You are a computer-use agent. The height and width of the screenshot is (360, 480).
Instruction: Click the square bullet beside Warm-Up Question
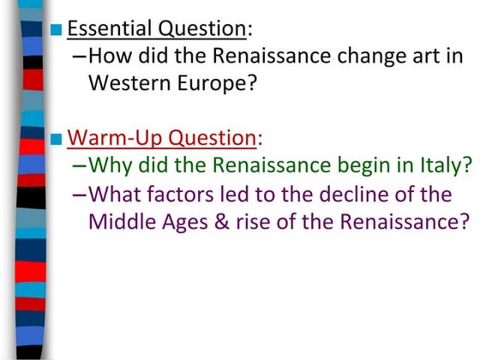57,138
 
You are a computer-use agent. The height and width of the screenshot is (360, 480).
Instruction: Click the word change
349,57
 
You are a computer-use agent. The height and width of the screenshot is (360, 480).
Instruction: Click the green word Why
109,165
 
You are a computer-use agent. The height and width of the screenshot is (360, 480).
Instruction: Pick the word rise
255,221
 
